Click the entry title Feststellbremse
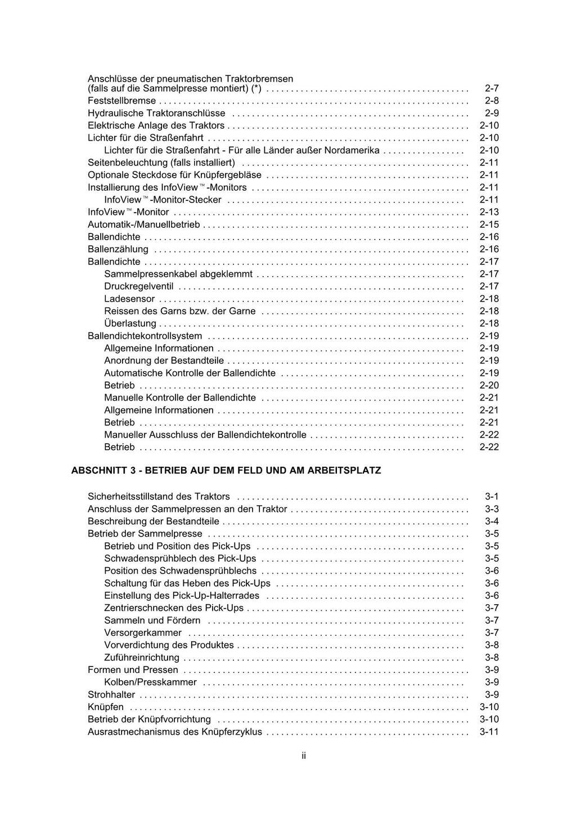point(121,101)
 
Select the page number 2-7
point(492,88)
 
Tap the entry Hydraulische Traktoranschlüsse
point(156,113)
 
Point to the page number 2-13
point(489,212)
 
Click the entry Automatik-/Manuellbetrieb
point(143,224)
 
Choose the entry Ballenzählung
point(118,249)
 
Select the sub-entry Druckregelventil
point(139,286)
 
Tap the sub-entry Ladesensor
point(129,299)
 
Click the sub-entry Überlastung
point(130,323)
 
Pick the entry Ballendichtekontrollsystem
point(145,336)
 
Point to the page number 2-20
point(489,385)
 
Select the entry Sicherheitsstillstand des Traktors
point(159,497)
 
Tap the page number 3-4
point(492,521)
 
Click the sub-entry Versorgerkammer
point(143,633)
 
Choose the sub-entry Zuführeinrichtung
point(142,658)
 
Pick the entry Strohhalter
point(111,695)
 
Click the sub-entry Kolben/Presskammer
point(150,682)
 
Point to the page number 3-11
point(489,732)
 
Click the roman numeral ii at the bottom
point(303,755)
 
